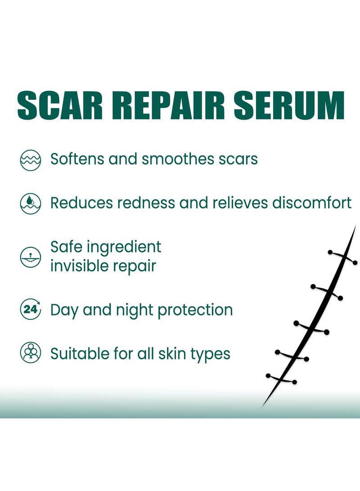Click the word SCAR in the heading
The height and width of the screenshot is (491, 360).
60,105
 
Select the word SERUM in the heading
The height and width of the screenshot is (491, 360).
289,105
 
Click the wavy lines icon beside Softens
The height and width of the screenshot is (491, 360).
30,160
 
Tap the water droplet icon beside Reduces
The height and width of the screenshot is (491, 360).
30,203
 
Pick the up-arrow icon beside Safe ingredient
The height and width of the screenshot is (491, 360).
30,257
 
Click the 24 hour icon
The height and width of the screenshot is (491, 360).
30,309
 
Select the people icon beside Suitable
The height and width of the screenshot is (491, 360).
30,352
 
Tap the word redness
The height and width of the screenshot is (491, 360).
146,203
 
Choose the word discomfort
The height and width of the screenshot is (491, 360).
312,203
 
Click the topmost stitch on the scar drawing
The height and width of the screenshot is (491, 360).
342,257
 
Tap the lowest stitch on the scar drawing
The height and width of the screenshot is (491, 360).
281,378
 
